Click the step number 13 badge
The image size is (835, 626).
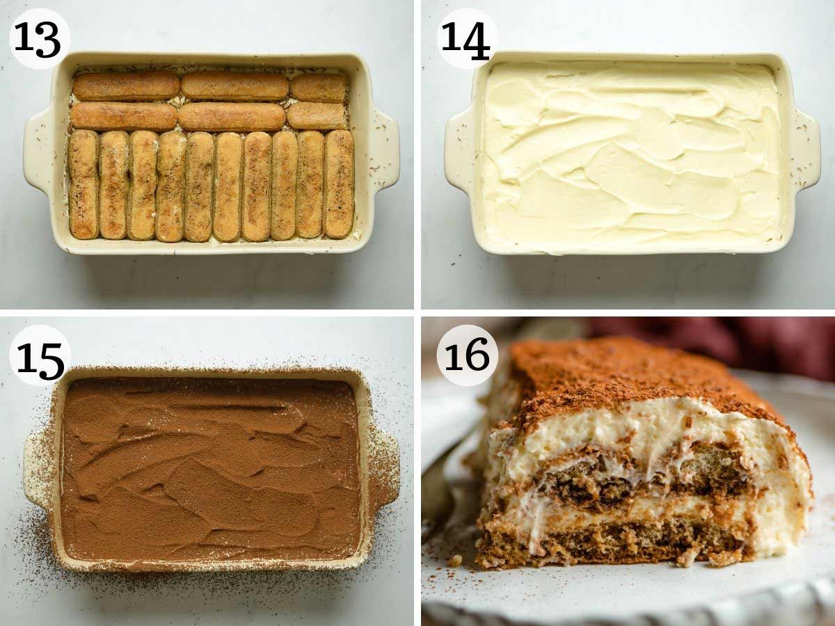click(40, 39)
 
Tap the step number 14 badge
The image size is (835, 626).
click(467, 39)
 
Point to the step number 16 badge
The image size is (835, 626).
click(467, 355)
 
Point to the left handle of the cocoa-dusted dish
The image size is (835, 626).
click(39, 467)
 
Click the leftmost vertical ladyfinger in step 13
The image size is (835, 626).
click(84, 184)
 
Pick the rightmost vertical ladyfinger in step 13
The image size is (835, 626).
click(340, 184)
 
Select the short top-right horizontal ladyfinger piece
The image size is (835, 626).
click(319, 88)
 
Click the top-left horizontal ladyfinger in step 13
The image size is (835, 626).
click(127, 86)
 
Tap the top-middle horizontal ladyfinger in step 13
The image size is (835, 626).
click(235, 86)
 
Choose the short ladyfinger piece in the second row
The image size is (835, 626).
click(317, 116)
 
